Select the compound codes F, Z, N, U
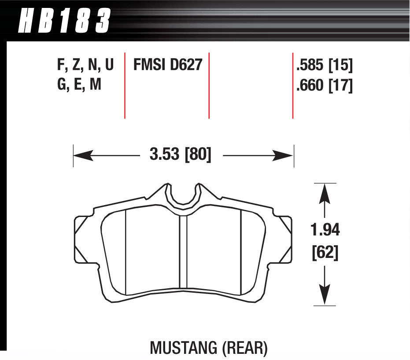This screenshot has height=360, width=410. [85, 66]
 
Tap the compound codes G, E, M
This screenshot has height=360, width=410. [79, 84]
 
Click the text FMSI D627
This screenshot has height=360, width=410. [167, 66]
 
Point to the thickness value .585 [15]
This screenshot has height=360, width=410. [325, 66]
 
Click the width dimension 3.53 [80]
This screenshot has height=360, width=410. [181, 155]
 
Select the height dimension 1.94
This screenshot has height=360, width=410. [325, 230]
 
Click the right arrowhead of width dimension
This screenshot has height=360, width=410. [284, 155]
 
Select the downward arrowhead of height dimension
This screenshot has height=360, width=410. [325, 294]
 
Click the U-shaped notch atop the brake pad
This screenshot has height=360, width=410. [183, 196]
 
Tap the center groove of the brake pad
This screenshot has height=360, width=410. [183, 253]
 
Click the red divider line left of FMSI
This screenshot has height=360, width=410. [125, 86]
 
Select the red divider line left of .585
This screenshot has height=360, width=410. [293, 86]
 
